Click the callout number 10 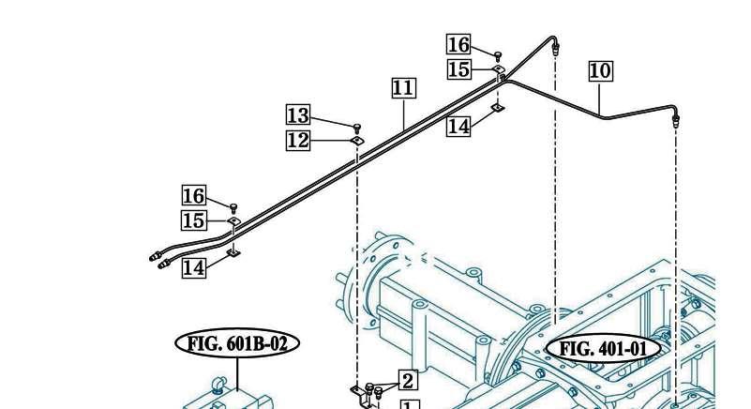[601, 71]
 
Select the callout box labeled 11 [404, 88]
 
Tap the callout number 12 [298, 141]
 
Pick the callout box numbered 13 [298, 115]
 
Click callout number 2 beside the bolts [408, 381]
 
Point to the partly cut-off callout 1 [409, 405]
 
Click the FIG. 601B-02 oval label [237, 343]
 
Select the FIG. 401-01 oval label [604, 348]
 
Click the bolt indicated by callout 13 [357, 128]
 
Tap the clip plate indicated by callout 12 [357, 140]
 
